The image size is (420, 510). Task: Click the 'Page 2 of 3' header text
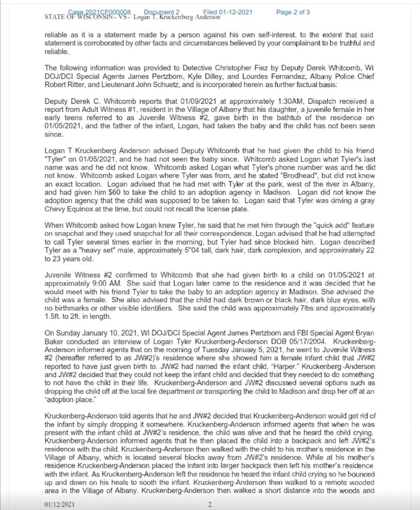293,12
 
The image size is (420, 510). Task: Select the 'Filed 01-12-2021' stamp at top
227,12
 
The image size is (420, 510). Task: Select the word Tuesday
228,349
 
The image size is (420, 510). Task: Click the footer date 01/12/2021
59,505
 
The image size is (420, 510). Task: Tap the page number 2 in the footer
209,505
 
